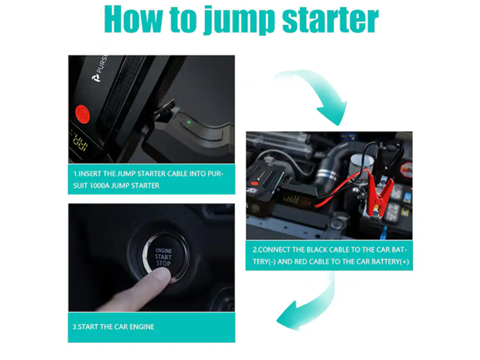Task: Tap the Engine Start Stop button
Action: point(163,257)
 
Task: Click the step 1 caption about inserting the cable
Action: point(151,180)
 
